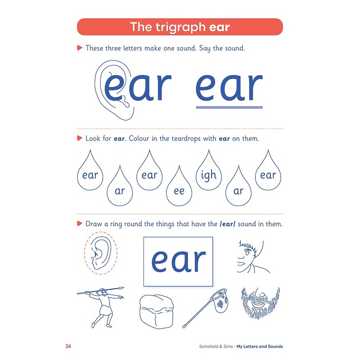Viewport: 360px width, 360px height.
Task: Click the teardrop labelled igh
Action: (x=209, y=173)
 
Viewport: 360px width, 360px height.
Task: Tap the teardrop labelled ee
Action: (x=179, y=189)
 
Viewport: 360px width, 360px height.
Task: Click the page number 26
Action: (x=68, y=346)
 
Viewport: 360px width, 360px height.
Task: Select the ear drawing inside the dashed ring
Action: (x=100, y=255)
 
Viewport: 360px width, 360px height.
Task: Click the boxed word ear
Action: (x=178, y=261)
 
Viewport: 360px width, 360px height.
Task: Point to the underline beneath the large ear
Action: (x=229, y=107)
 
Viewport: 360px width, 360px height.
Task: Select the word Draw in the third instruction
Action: (x=94, y=224)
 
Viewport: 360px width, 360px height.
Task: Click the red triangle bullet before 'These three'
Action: (x=80, y=48)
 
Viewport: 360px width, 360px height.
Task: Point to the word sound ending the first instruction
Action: (x=235, y=48)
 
